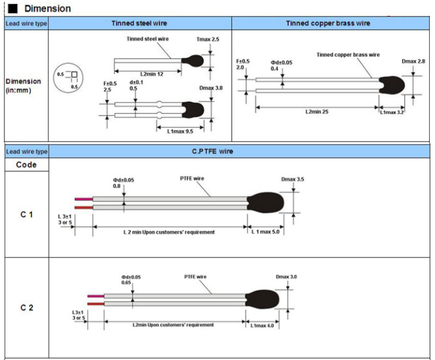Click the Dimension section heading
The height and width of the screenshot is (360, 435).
click(46, 9)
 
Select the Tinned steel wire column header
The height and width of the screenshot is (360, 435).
click(140, 23)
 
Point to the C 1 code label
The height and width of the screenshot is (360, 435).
click(26, 215)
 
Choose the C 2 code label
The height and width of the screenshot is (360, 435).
click(26, 308)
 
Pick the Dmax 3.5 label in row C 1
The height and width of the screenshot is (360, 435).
click(292, 179)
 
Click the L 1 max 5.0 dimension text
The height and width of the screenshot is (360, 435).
click(267, 232)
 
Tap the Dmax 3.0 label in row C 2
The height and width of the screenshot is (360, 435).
click(287, 277)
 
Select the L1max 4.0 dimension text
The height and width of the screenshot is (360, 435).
click(264, 324)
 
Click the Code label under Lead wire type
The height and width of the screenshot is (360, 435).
click(26, 164)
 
